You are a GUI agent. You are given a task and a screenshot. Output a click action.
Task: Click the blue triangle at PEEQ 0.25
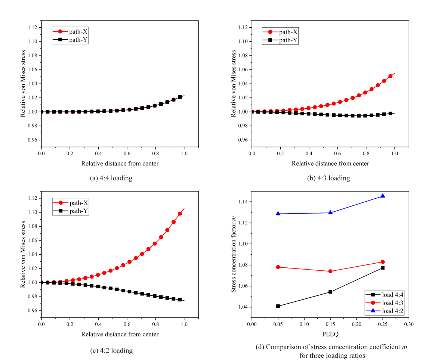point(383,196)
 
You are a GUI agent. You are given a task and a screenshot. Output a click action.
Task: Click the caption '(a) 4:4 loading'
point(111,178)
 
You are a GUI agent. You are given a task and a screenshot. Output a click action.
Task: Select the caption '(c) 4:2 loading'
point(111,350)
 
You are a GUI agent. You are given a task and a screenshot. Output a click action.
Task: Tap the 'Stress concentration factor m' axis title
point(234,254)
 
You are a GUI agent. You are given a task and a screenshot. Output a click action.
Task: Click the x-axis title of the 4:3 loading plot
point(330,163)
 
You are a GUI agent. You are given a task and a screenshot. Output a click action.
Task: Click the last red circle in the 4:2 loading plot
point(180,214)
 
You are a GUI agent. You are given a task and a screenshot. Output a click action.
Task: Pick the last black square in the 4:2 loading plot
point(180,300)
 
